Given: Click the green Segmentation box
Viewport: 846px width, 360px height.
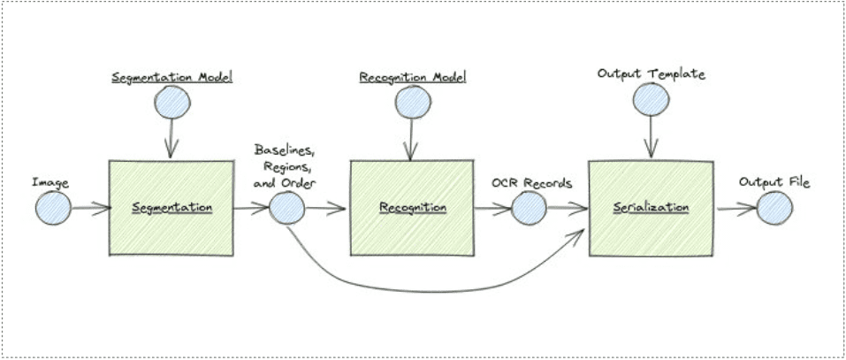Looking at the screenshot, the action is click(x=171, y=208).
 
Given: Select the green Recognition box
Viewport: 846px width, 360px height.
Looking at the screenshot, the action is click(x=412, y=208).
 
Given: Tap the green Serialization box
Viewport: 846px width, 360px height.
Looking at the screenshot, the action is click(x=652, y=208).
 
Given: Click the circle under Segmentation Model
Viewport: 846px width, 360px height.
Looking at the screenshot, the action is click(x=172, y=102).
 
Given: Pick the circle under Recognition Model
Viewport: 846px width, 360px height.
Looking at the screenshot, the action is click(x=413, y=102).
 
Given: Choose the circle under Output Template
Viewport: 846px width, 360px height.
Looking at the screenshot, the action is click(x=652, y=99).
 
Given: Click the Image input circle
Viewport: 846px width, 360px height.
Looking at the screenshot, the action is click(x=53, y=208).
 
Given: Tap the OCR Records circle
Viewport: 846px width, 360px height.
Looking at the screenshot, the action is click(x=529, y=208).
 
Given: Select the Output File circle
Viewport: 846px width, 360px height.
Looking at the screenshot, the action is click(x=774, y=208).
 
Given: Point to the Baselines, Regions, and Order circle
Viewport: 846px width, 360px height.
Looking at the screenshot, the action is click(x=286, y=209).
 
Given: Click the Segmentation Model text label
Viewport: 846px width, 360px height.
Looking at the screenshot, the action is click(x=172, y=77).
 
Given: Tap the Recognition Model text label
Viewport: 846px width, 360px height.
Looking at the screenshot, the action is click(x=413, y=77).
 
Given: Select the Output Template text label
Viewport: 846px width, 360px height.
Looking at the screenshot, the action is click(x=652, y=74).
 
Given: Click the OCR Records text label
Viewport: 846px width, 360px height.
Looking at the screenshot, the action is click(x=531, y=183).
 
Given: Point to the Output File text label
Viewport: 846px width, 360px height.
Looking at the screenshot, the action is click(x=774, y=182).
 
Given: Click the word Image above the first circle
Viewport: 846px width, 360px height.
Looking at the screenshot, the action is click(x=50, y=183).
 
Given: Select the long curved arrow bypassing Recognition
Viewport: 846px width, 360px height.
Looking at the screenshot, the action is click(x=431, y=292).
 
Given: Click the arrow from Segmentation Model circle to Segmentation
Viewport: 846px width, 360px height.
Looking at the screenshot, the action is click(x=171, y=138).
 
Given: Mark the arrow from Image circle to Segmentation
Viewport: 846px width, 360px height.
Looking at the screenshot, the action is click(x=91, y=209).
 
